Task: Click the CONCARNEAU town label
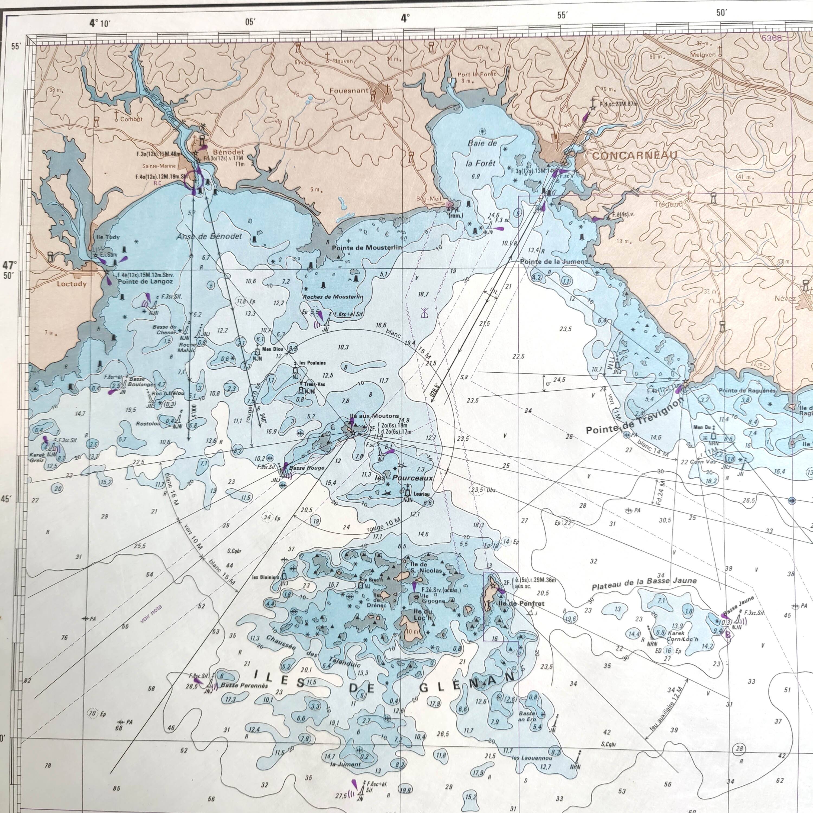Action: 635,155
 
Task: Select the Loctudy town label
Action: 72,284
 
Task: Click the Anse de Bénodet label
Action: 209,237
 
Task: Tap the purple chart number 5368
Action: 771,38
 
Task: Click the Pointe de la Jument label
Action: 553,261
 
